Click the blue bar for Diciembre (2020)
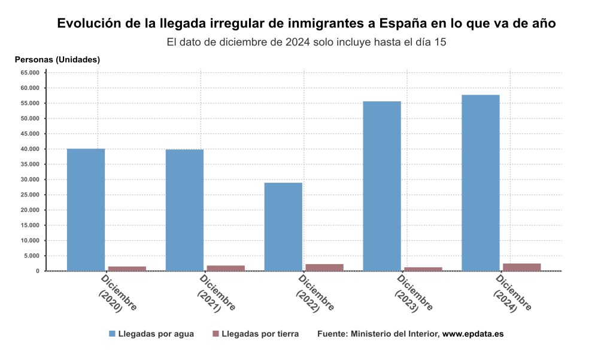(x=86, y=210)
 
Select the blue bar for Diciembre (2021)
(x=184, y=210)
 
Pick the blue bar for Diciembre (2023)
(x=382, y=186)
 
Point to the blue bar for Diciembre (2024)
(x=481, y=183)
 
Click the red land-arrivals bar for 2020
(x=127, y=268)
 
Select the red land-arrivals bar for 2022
(x=324, y=267)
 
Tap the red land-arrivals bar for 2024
(x=522, y=267)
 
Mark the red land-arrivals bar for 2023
(x=423, y=269)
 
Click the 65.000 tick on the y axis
(x=29, y=72)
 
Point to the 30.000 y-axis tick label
(x=29, y=179)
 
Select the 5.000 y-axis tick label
(x=31, y=256)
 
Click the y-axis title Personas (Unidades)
(x=57, y=59)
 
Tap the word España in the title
(x=408, y=24)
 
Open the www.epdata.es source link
(x=472, y=334)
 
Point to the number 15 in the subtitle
(x=441, y=43)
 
